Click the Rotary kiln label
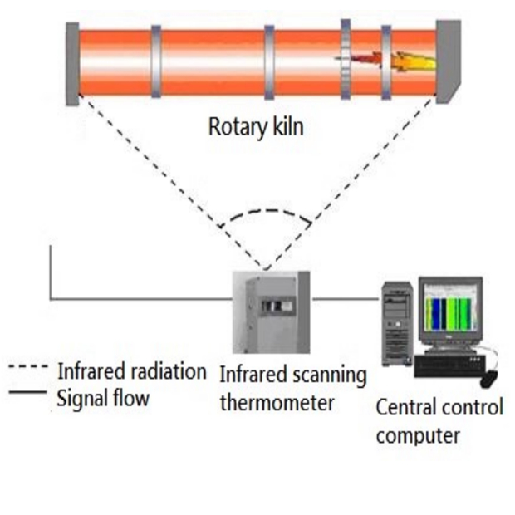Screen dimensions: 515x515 [x=257, y=128]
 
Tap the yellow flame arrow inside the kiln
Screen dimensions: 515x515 [x=414, y=61]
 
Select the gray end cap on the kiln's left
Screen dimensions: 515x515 [x=72, y=63]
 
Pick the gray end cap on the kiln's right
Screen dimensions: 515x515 [x=448, y=60]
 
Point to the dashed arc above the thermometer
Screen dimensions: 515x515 [x=265, y=213]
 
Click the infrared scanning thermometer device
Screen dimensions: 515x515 [x=271, y=312]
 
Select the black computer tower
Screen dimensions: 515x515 [x=396, y=328]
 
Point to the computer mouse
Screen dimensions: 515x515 [x=489, y=378]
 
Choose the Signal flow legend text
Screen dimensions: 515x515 [x=103, y=399]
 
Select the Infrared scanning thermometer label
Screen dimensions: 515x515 [x=292, y=389]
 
